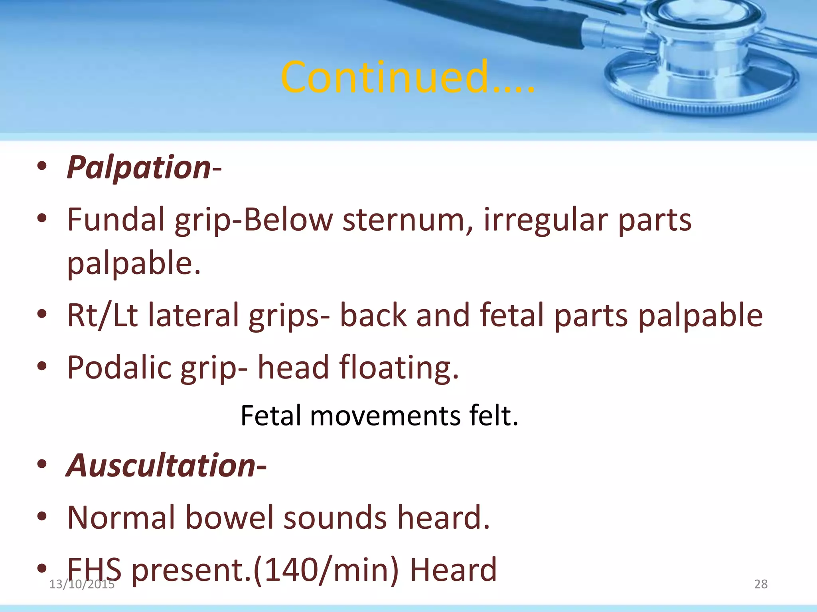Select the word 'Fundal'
pos(116,220)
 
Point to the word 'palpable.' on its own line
pos(134,264)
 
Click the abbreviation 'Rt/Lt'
pos(102,315)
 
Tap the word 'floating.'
pos(399,367)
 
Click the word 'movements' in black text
pos(385,416)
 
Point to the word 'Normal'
pos(121,518)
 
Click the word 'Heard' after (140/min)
pos(453,569)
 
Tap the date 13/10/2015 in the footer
pos(81,585)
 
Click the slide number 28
pos(760,584)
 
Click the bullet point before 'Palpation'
pos(41,167)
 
